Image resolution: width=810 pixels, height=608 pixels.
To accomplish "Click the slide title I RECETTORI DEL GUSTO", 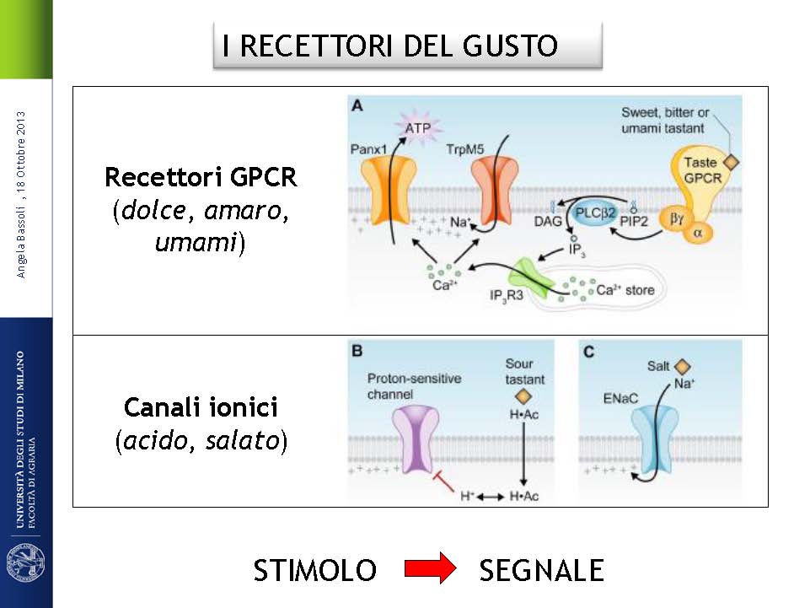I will pyautogui.click(x=390, y=46).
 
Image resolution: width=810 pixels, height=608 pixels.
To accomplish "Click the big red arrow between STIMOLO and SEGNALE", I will pyautogui.click(x=429, y=571).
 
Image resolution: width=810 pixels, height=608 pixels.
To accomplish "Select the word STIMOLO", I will pyautogui.click(x=315, y=571).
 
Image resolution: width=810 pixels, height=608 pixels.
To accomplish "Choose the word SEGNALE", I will pyautogui.click(x=541, y=571).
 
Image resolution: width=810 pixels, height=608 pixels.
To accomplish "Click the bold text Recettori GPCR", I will pyautogui.click(x=201, y=178).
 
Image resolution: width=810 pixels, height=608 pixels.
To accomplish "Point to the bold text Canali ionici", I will pyautogui.click(x=201, y=408).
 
